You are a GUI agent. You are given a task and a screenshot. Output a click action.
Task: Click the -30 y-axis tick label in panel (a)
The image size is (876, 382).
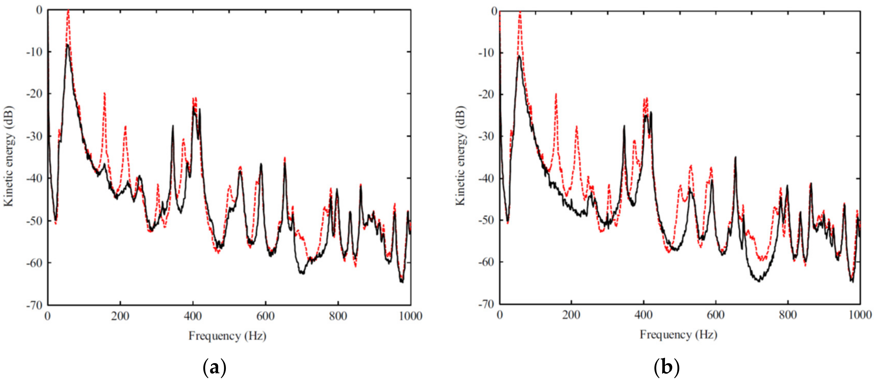coord(34,136)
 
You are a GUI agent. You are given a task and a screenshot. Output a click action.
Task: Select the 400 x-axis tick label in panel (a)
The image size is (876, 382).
coord(193,316)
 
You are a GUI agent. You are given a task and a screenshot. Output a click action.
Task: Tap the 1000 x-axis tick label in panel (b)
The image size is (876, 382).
coord(860,315)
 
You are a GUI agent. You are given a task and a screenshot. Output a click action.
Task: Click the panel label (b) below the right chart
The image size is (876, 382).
coord(666,367)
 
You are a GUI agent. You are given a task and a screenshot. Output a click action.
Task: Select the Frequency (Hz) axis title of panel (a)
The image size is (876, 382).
coord(227,336)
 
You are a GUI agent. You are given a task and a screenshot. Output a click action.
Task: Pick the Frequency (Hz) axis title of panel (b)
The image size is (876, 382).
coord(678,335)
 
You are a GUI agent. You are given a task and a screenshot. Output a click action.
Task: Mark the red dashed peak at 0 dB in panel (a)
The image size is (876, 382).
coord(68,11)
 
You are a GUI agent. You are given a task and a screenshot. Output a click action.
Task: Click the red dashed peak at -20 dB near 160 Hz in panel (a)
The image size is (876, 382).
coord(104,93)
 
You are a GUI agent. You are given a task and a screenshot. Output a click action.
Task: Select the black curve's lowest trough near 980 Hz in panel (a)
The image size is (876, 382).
coord(402,282)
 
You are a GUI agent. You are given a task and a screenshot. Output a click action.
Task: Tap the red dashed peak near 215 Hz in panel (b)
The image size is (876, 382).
coord(576,127)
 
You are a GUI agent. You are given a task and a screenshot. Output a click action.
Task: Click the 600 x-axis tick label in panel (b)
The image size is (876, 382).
coord(716,315)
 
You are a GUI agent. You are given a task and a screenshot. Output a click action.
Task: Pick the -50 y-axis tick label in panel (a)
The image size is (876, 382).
coord(34,221)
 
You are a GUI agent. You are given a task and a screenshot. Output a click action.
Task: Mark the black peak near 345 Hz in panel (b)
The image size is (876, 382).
coord(624,126)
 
